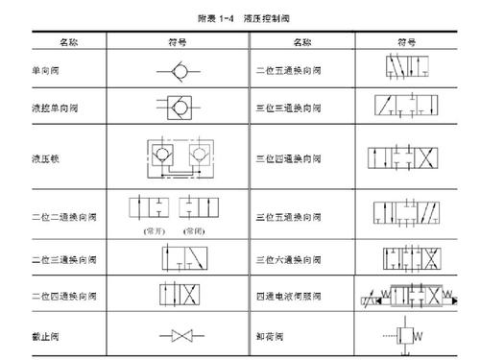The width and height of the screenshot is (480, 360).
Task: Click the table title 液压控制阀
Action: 266,18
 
